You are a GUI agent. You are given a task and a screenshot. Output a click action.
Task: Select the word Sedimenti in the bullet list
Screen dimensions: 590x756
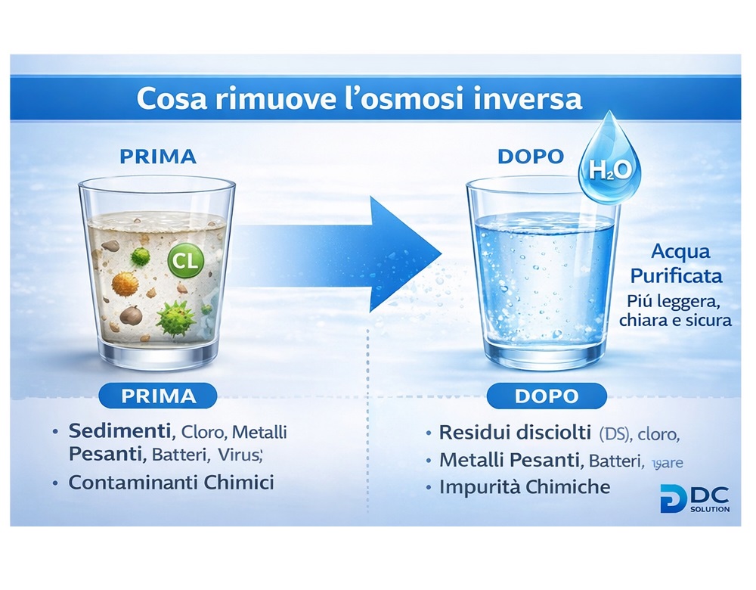[119, 433]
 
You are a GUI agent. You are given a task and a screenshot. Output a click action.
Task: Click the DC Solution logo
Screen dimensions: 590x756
[694, 498]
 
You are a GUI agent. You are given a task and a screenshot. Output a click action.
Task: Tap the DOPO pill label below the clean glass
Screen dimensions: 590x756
[547, 396]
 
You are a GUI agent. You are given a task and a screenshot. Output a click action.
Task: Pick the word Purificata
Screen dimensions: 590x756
[686, 275]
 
